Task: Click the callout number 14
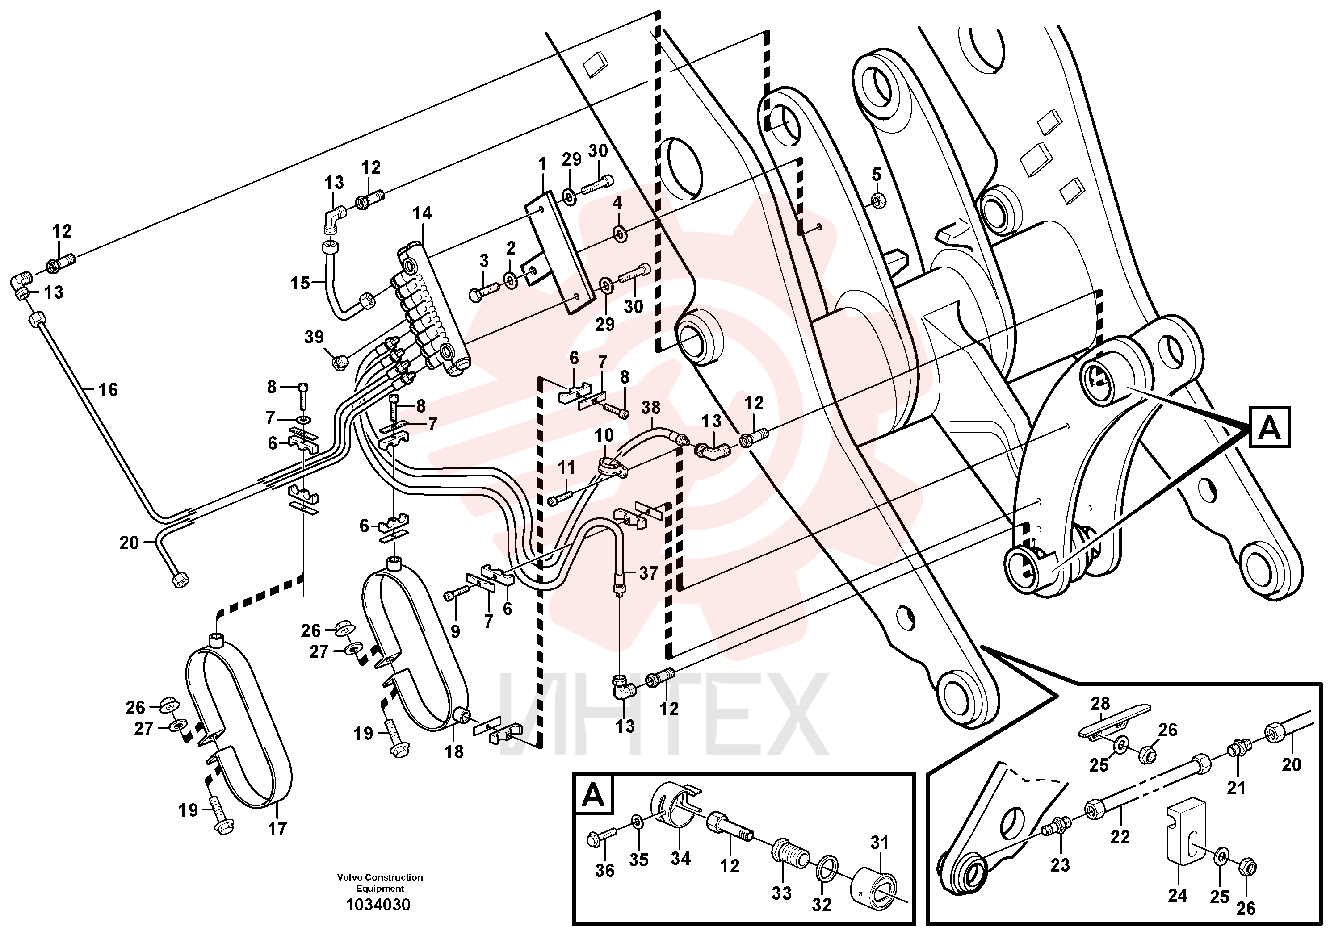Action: (422, 213)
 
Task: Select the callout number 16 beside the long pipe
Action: (108, 390)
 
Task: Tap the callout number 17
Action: (277, 829)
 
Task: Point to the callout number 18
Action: (454, 751)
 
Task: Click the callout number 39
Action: (314, 337)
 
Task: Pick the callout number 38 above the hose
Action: (651, 408)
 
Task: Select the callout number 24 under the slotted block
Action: (1178, 896)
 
